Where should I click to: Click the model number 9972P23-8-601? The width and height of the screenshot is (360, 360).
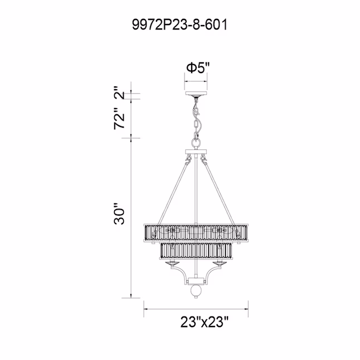pos(179,25)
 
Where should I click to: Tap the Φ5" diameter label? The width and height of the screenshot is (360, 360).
pos(198,68)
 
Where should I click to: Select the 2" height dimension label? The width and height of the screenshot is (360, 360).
pos(119,93)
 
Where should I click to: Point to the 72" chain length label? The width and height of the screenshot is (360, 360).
pos(119,119)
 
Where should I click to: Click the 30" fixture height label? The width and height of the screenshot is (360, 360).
pos(119,213)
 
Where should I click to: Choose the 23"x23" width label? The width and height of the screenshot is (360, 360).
pos(205,322)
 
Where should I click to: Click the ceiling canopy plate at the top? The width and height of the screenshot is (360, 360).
pos(196,94)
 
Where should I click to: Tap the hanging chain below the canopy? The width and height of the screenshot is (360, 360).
pos(196,119)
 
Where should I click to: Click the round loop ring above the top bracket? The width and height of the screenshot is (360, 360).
pos(196,144)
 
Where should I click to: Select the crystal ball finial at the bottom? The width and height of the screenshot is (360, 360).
pos(196,290)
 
